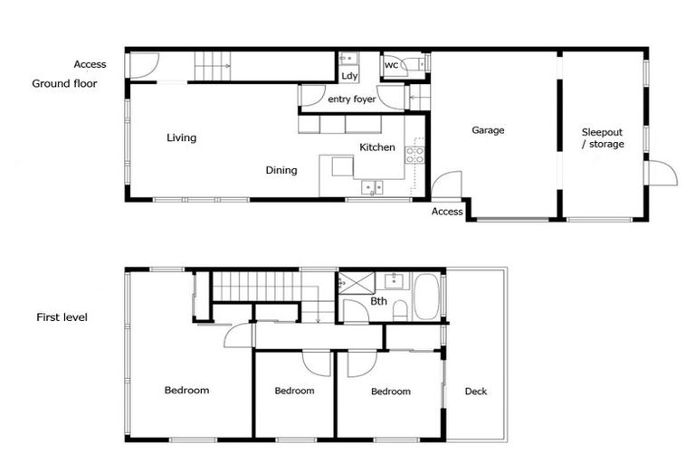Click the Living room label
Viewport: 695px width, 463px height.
[x=181, y=137]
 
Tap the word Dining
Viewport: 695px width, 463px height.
[x=281, y=169]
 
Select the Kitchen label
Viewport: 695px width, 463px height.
[x=376, y=146]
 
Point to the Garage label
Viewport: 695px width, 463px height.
[x=488, y=130]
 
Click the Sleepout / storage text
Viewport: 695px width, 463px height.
[x=602, y=137]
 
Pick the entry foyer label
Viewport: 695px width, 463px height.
[x=351, y=99]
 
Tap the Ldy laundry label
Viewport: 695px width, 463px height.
[x=349, y=76]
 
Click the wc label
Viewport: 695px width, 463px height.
[x=392, y=65]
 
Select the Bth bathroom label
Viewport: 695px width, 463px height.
[x=379, y=301]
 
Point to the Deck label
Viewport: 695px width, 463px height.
[x=476, y=391]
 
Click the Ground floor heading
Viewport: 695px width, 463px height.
[x=64, y=83]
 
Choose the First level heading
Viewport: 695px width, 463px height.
[x=62, y=317]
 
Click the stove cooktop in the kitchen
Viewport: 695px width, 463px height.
[x=414, y=155]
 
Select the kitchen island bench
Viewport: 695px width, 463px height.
[x=343, y=167]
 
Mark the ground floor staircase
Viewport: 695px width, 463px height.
[x=214, y=66]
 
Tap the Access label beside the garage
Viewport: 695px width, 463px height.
[x=447, y=212]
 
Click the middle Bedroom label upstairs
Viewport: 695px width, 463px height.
[x=294, y=391]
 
